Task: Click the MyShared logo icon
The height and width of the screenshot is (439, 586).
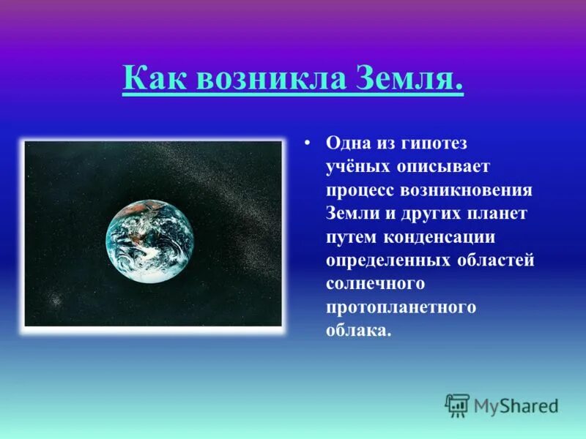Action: point(457,405)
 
